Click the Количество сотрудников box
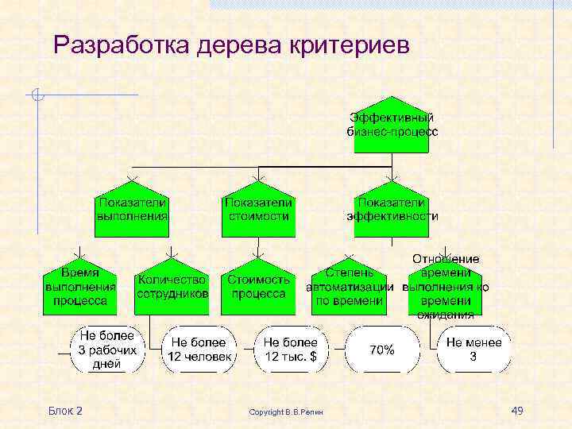click(x=172, y=287)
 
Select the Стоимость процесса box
click(x=258, y=287)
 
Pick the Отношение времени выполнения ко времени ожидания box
click(x=445, y=287)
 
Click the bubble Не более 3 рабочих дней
click(x=107, y=350)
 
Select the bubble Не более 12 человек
click(x=199, y=350)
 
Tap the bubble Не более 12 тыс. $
click(x=290, y=350)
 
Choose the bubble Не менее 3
click(x=473, y=350)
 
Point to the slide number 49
click(x=516, y=410)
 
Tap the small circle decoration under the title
click(x=37, y=96)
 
